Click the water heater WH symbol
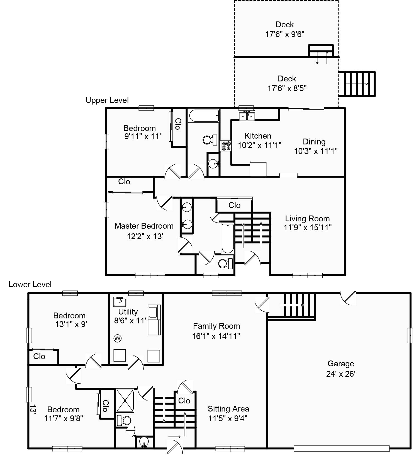click(118, 338)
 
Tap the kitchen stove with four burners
click(226, 146)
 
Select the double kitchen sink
click(247, 115)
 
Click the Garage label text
click(340, 364)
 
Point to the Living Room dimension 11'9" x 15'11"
click(307, 228)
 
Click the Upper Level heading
click(107, 100)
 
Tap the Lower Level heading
click(30, 284)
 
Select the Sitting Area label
click(228, 409)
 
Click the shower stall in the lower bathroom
click(125, 401)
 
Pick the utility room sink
click(120, 302)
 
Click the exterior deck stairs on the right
click(357, 84)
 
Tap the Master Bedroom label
click(144, 226)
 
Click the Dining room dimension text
click(316, 151)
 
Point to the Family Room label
click(216, 326)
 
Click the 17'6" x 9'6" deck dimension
click(284, 34)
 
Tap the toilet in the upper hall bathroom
click(210, 139)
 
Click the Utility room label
click(128, 311)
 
